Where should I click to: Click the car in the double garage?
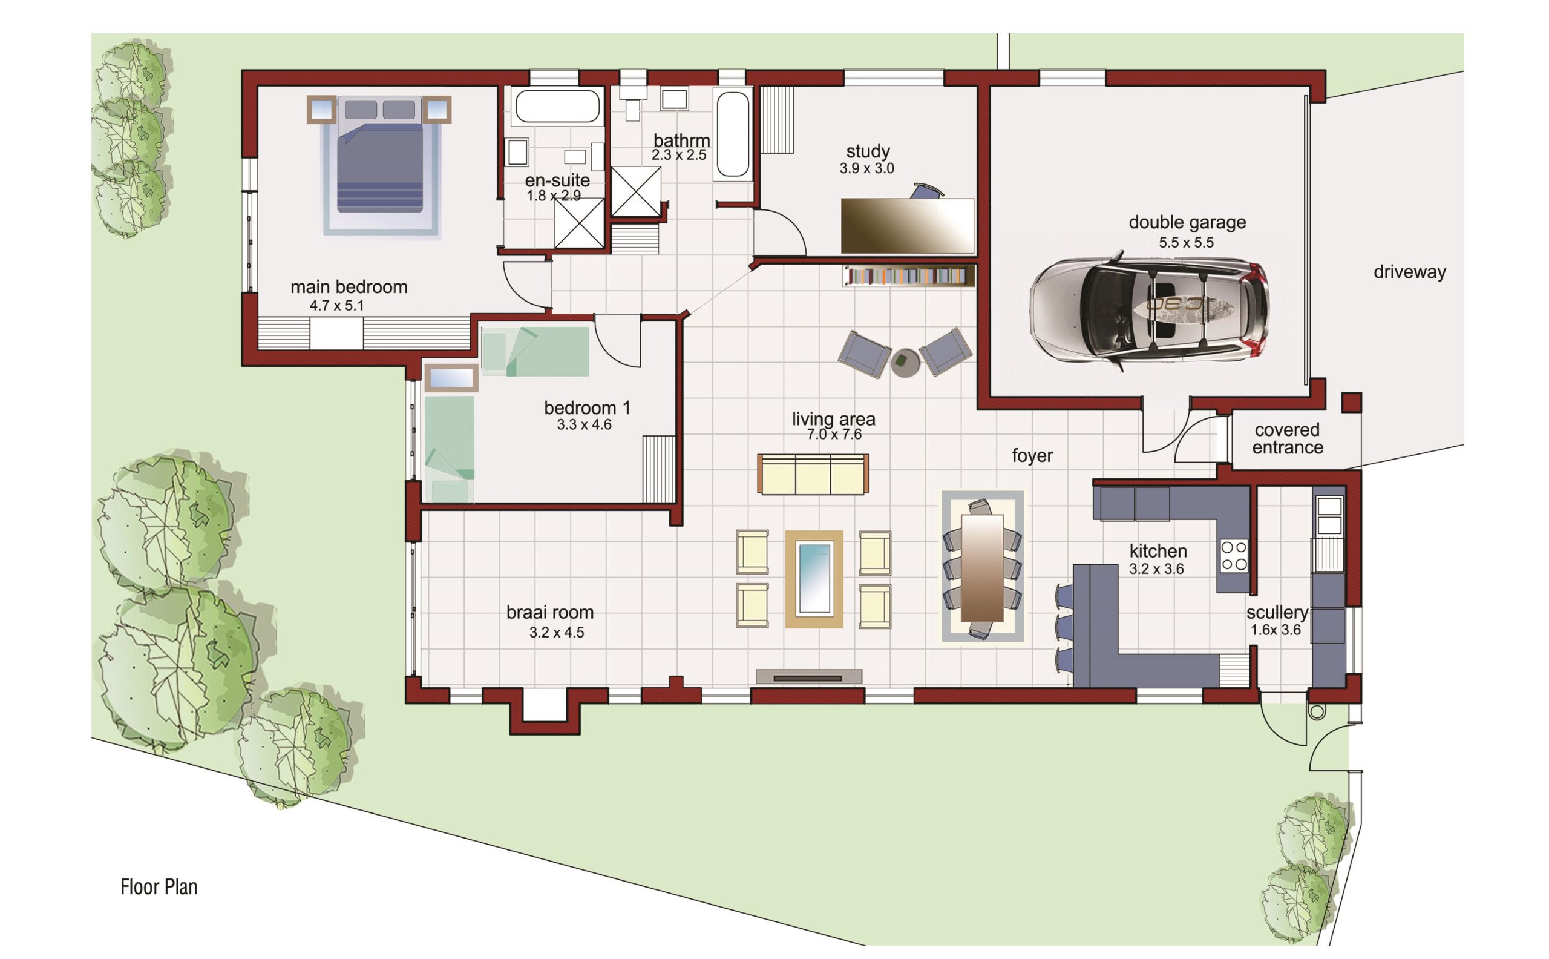pos(1148,311)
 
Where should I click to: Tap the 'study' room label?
pos(868,151)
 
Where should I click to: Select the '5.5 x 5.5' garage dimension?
pos(1186,242)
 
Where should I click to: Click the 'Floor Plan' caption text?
pos(159,886)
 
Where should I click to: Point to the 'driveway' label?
pos(1410,272)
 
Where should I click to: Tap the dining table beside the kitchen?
pos(982,568)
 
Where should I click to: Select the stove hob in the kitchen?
pos(1234,556)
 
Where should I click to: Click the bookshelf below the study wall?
pos(908,276)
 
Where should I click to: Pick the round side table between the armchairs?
pos(905,363)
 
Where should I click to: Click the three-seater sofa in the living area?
pos(813,474)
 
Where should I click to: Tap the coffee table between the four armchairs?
pos(814,578)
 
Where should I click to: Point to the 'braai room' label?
pos(549,613)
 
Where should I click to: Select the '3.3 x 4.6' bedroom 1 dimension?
pos(585,425)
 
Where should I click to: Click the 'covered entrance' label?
pos(1287,438)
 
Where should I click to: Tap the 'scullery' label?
pos(1277,613)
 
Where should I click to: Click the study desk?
pos(907,226)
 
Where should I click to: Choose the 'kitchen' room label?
pos(1158,551)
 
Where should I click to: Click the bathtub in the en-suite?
pos(557,106)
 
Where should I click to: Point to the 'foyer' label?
pos(1032,456)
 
